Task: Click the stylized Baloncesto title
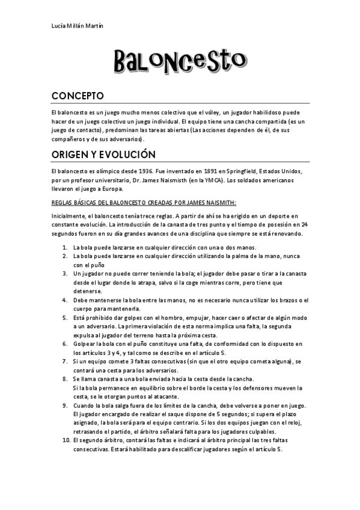(180, 61)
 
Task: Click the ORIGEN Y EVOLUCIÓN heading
(103, 155)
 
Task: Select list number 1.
(64, 247)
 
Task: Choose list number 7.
(64, 361)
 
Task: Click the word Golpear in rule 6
(84, 343)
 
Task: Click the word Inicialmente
(70, 216)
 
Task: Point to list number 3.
(64, 273)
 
